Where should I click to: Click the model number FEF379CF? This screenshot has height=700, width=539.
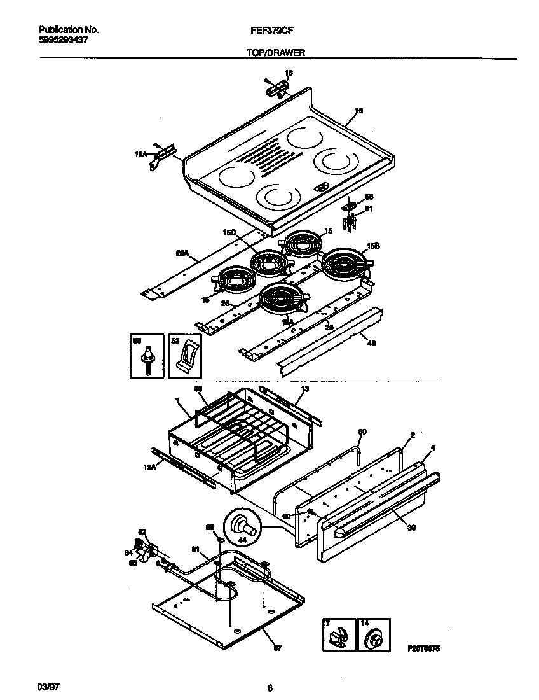[275, 30]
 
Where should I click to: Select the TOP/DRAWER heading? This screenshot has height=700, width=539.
[275, 54]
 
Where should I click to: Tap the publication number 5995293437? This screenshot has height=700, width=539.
[63, 39]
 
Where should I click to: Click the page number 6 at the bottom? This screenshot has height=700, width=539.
[269, 688]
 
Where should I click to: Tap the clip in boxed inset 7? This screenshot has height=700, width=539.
[338, 638]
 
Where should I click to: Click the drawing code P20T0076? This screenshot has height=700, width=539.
[424, 648]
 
